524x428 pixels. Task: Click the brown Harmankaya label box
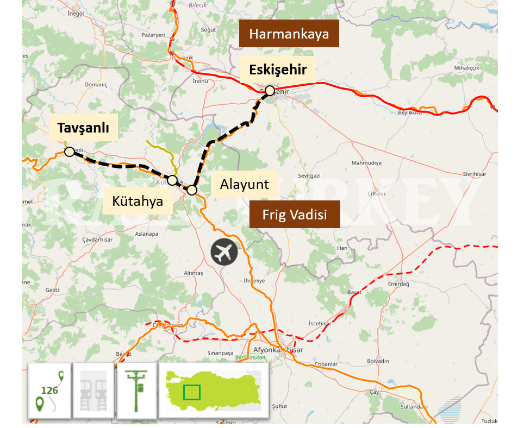289,34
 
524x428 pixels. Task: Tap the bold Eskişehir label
278,70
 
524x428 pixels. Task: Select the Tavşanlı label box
83,128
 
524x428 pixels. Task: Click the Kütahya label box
138,201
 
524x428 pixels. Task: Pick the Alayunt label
244,184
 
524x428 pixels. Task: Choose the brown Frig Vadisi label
295,214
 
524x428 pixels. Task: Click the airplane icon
224,252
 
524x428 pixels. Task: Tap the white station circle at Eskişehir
270,90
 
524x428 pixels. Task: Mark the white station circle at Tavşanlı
70,152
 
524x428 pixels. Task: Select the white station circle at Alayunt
192,190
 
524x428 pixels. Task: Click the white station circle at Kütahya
172,180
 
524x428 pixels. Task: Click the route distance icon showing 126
49,391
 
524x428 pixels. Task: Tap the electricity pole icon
137,391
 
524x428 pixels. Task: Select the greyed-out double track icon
93,391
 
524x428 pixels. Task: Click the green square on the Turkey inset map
191,392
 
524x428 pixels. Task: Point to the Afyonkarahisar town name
278,350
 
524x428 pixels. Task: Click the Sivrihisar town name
475,174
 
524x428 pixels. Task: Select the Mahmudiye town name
366,163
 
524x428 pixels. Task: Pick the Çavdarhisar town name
97,240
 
